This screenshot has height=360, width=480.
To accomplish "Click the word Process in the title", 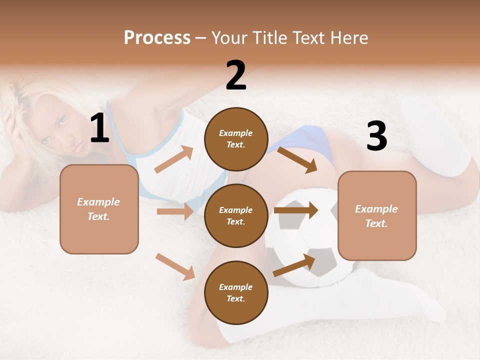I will coord(157,37).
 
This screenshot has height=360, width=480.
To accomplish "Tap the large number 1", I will coord(99,128).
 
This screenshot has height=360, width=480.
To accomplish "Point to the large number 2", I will coord(236,75).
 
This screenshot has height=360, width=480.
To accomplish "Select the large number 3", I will coord(376,136).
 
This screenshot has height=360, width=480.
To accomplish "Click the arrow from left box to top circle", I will coord(173,159).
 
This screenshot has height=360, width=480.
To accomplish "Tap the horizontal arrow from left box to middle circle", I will coord(175,211).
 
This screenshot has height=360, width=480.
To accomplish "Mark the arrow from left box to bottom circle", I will coord(175,266).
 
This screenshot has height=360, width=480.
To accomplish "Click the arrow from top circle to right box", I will coord(297,159).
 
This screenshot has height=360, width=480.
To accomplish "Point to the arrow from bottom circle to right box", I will coord(294,265).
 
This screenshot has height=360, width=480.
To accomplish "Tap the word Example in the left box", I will coord(98,202).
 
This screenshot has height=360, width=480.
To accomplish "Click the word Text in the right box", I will coord(376,223).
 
